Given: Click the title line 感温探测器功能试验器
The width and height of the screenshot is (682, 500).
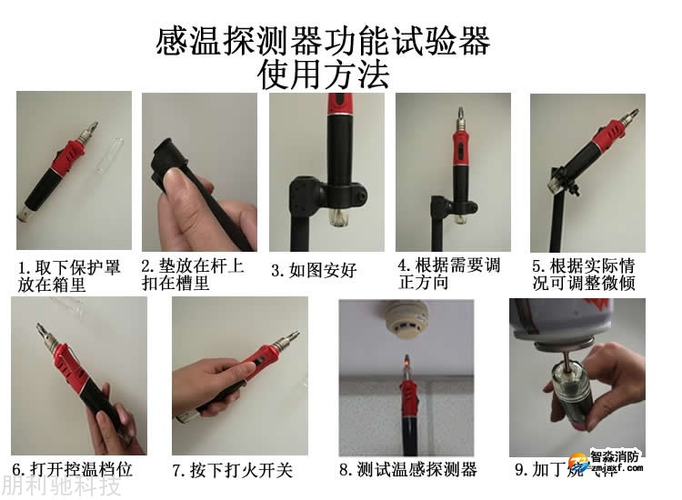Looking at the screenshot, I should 324,41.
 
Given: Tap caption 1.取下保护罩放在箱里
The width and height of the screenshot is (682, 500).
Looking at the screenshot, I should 69,275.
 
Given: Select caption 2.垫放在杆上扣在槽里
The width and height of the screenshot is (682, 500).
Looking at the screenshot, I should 193,274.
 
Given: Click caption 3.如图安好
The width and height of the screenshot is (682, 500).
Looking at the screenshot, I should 314,270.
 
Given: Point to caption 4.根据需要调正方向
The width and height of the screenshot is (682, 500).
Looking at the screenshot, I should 449,274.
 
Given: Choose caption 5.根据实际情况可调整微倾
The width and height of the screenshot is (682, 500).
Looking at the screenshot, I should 584,275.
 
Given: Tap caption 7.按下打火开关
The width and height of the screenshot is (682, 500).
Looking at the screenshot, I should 233,470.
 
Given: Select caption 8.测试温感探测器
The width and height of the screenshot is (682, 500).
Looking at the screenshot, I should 408,470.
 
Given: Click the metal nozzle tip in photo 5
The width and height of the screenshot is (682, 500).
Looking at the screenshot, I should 629,116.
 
